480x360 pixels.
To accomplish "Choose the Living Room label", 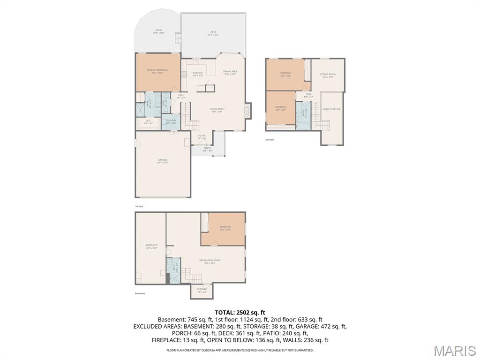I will [217, 110].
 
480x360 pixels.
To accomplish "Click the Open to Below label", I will [331, 109].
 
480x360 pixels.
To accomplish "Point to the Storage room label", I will [202, 290].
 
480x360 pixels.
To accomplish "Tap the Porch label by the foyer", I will [207, 149].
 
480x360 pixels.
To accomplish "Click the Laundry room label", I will [171, 121].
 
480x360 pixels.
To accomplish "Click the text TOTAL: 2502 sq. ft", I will [240, 312].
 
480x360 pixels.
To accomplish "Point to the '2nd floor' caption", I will [270, 140].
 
